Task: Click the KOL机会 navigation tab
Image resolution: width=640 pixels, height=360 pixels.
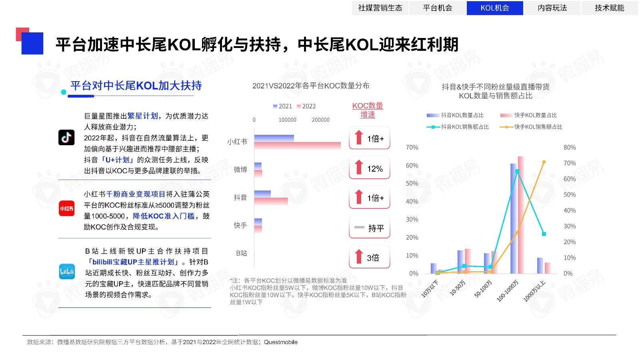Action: (495, 8)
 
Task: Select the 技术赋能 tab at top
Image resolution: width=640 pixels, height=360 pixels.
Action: (609, 8)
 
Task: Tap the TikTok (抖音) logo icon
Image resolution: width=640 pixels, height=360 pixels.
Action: (66, 137)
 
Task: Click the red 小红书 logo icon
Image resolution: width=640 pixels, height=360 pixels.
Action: (66, 208)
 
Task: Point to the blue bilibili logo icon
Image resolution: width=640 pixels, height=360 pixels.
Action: (67, 272)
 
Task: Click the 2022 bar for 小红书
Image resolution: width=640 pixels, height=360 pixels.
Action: (297, 146)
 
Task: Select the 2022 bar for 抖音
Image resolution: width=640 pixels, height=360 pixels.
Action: (271, 201)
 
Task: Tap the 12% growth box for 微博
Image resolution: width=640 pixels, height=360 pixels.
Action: (369, 168)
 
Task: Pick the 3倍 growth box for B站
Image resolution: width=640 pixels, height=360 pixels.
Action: (369, 258)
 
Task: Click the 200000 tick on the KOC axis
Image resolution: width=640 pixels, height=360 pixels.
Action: (320, 120)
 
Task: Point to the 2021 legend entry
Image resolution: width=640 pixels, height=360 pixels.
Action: (282, 106)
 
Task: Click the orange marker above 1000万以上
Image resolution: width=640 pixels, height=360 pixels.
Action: (544, 162)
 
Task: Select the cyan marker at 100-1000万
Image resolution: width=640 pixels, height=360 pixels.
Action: (517, 172)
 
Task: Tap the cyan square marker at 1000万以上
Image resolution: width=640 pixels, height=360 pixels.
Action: (544, 234)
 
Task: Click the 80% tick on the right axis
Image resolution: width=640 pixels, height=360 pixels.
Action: (570, 148)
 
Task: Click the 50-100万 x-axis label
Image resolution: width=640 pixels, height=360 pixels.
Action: (484, 288)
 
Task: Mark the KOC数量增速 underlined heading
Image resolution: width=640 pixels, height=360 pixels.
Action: (368, 110)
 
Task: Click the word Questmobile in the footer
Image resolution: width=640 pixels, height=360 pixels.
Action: (281, 342)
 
